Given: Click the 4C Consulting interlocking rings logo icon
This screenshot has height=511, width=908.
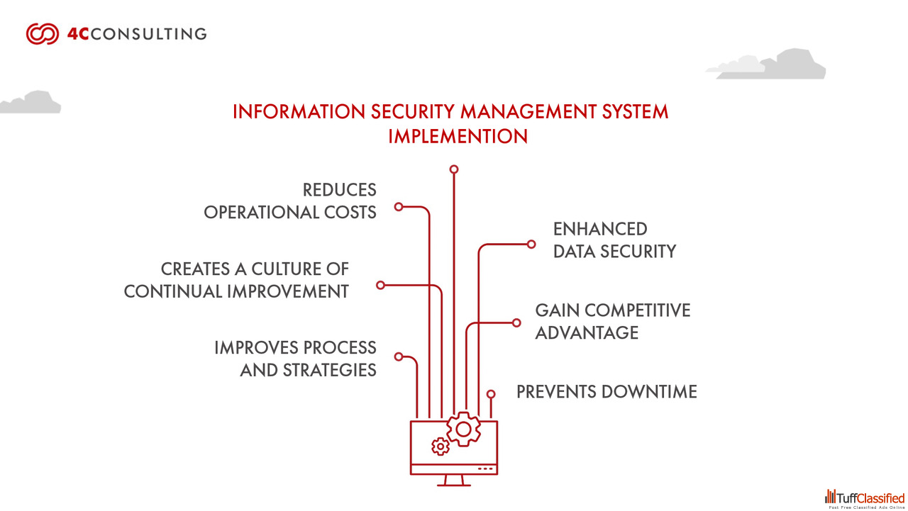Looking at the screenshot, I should [x=42, y=34].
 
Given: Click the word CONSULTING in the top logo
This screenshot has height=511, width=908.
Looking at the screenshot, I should [x=149, y=34].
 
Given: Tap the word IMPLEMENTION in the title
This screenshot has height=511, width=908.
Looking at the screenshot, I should [x=458, y=136].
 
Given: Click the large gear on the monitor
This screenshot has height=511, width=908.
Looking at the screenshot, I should [x=464, y=429].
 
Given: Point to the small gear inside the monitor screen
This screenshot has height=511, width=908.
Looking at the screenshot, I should [x=441, y=446].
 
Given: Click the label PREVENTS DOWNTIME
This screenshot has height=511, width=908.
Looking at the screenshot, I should [x=607, y=392].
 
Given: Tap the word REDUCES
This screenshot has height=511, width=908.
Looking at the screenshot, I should [x=339, y=190].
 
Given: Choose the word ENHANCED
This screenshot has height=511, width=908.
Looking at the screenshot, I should [x=600, y=229].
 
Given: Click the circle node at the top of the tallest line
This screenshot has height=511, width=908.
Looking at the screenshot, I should [x=454, y=169].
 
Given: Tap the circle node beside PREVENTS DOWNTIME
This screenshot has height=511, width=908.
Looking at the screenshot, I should [x=491, y=394].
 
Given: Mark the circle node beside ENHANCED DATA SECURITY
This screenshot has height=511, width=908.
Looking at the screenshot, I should [x=531, y=244].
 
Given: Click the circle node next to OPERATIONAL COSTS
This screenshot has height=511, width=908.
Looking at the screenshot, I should [x=399, y=207].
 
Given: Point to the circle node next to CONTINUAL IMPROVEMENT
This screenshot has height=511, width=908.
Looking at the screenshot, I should [x=380, y=285].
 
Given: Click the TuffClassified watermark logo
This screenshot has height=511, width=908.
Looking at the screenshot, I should [x=865, y=498].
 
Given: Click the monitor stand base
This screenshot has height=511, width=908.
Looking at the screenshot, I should [x=454, y=484].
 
